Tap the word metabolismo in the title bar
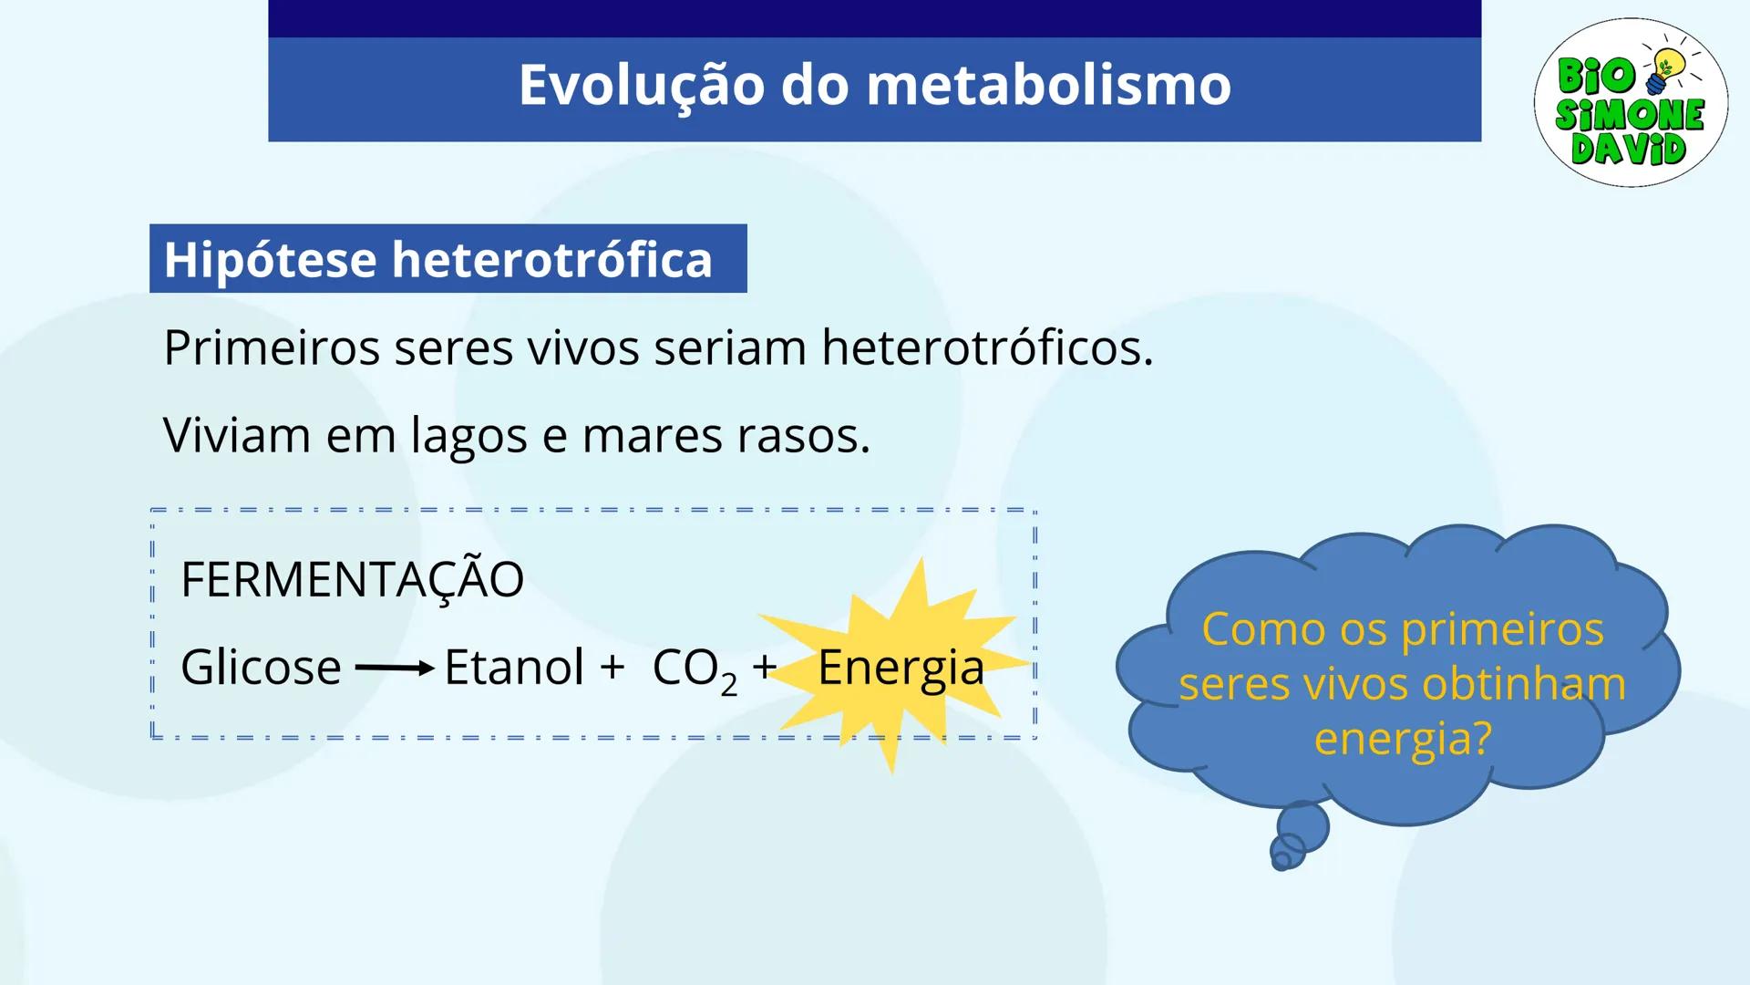(1048, 85)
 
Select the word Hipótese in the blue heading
(271, 259)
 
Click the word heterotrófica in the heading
(552, 259)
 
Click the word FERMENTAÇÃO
(352, 579)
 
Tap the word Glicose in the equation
(261, 667)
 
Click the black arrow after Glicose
(394, 669)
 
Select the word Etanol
(513, 667)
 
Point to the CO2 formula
(694, 669)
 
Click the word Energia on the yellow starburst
(901, 669)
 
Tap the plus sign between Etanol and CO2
(612, 667)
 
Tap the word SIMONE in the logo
(1630, 114)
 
